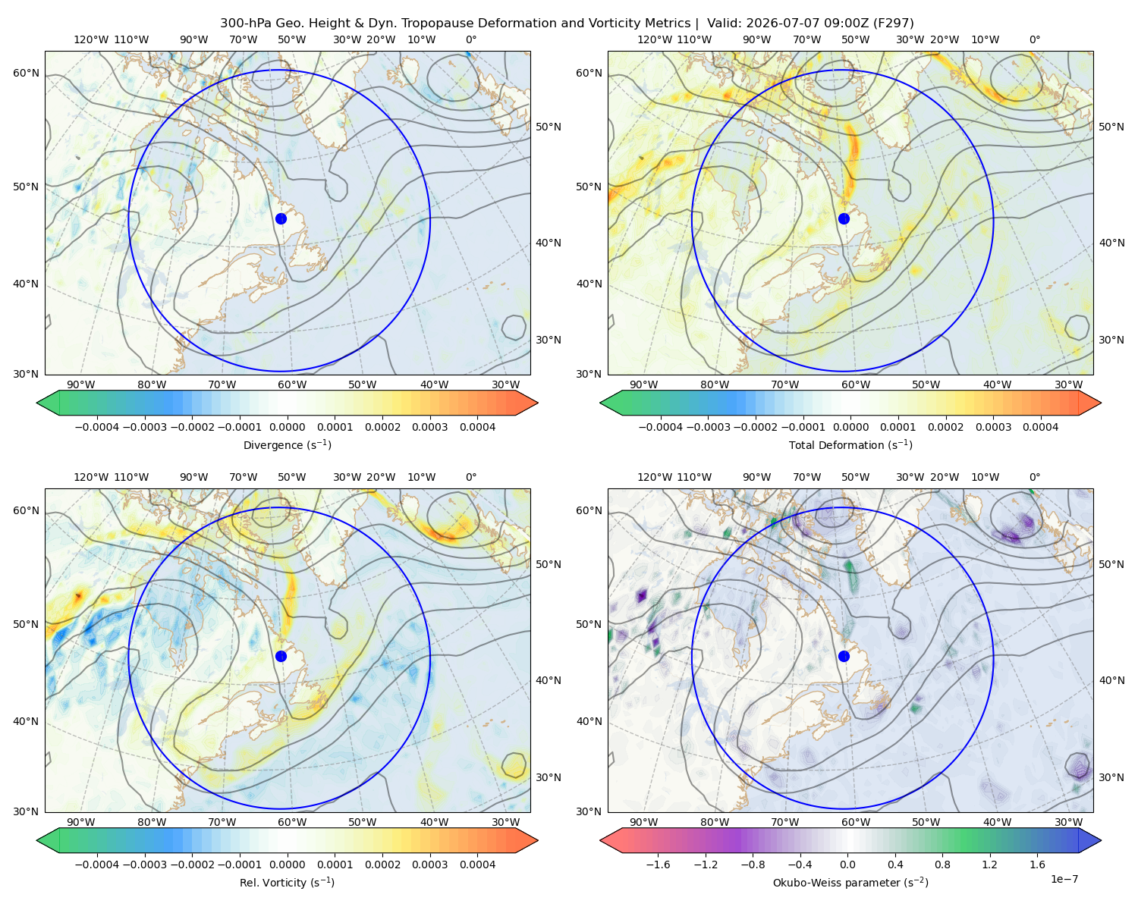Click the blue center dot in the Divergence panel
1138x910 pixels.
coord(281,218)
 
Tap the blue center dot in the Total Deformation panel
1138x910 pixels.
coord(844,218)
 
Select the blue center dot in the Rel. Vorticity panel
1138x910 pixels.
coord(281,656)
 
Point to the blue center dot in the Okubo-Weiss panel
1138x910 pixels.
coord(844,656)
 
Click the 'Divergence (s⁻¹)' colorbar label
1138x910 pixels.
coord(287,444)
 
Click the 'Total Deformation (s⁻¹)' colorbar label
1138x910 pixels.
coord(850,444)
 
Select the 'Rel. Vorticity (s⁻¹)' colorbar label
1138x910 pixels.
coord(287,882)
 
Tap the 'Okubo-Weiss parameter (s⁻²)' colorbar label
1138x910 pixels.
coord(850,882)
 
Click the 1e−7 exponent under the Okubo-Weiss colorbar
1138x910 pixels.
coord(1064,879)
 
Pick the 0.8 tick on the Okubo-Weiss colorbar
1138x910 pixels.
coord(942,864)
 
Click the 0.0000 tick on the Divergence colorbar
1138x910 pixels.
coord(287,427)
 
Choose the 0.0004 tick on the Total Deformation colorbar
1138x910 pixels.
coord(1040,427)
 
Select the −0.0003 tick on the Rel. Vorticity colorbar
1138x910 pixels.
coord(144,864)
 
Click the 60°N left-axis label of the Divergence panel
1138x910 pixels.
coord(26,73)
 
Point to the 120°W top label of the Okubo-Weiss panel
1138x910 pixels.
coord(654,477)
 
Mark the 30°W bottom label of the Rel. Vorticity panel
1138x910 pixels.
coord(505,822)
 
